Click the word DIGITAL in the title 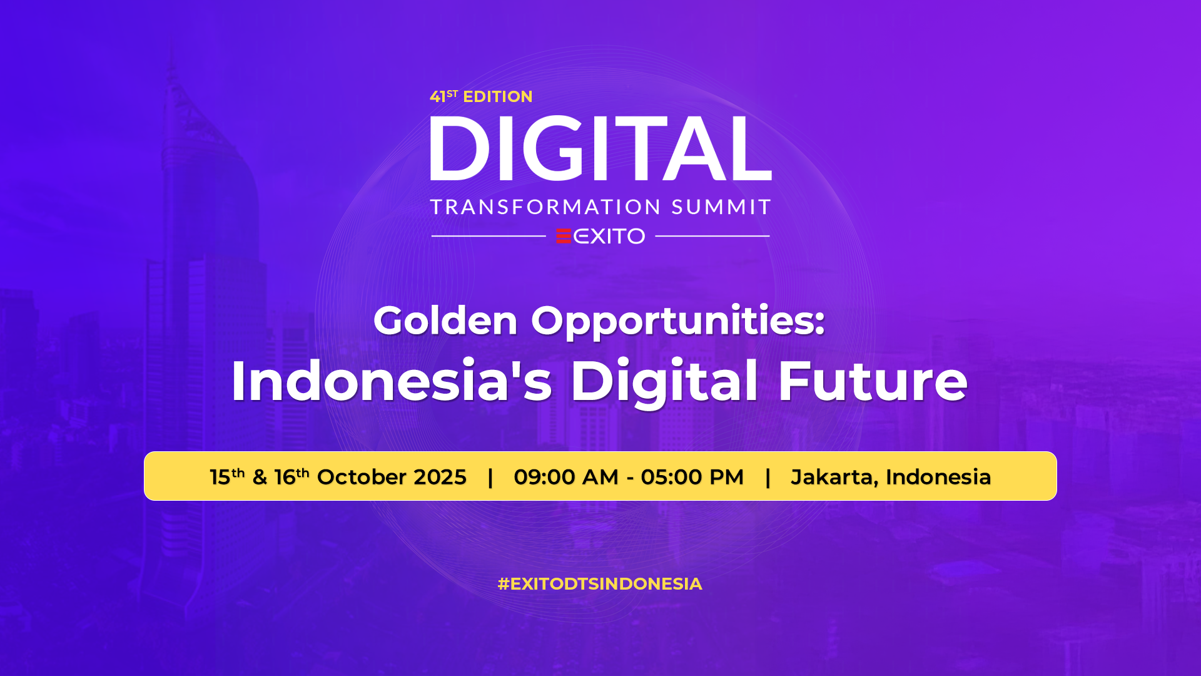tap(600, 148)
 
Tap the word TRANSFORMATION tap(546, 207)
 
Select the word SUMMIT tap(721, 207)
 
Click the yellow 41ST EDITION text tap(481, 96)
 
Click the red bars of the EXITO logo tap(564, 236)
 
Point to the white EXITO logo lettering tap(609, 236)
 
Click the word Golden tap(445, 320)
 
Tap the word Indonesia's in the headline tap(392, 381)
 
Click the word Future tap(873, 381)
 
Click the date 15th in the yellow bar tap(227, 476)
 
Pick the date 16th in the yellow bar tap(291, 476)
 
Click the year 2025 tap(440, 477)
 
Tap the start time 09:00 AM tap(566, 477)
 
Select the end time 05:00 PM tap(692, 477)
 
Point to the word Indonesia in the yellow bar tap(938, 477)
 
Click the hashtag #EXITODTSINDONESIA tap(600, 584)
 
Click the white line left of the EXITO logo tap(489, 236)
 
